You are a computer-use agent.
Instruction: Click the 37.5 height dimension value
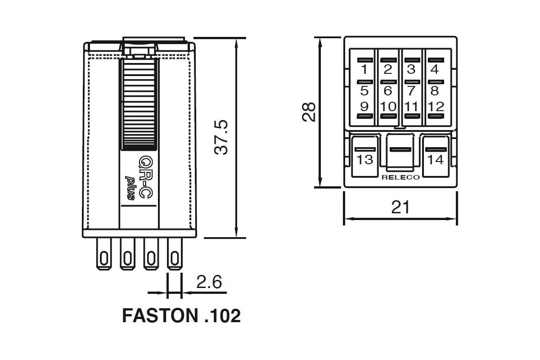pos(221,137)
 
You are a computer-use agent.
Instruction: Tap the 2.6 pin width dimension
pos(209,282)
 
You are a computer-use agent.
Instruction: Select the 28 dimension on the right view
pos(309,112)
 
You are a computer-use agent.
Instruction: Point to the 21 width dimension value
pos(400,207)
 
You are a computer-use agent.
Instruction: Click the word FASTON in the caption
pos(160,315)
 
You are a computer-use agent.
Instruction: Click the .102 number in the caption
pos(222,316)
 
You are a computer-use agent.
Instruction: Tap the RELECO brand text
pos(400,177)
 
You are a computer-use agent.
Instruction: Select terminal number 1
pos(364,69)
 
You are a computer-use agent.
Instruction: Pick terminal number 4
pos(435,69)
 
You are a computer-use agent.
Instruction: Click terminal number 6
pos(387,91)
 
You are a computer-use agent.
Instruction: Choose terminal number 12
pos(436,107)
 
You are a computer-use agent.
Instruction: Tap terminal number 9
pos(364,107)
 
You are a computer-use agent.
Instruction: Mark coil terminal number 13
pos(365,160)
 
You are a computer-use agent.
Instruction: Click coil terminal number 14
pos(436,160)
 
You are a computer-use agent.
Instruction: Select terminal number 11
pos(411,107)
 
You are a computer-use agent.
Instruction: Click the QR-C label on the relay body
pos(146,177)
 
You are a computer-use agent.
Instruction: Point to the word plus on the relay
pos(130,188)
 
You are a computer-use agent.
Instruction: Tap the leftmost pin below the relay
pos(104,254)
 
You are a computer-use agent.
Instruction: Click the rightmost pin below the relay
pos(175,254)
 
